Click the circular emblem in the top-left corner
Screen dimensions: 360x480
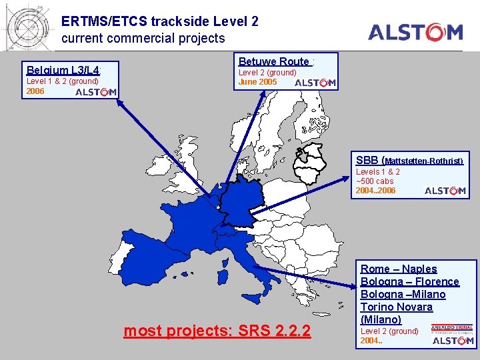pos(28,25)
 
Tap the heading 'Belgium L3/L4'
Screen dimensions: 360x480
pos(63,69)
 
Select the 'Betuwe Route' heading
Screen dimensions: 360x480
pos(275,61)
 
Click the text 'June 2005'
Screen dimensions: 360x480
pos(257,82)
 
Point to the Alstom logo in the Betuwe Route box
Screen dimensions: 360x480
pos(315,83)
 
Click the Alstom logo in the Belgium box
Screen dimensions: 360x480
pos(96,92)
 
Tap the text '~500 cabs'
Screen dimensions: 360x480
pos(375,181)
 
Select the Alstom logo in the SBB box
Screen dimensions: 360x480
pos(445,191)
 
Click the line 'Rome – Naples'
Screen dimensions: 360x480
pos(399,269)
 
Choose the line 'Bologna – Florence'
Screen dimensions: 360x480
pos(410,281)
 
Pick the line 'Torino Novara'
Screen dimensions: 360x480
pos(397,307)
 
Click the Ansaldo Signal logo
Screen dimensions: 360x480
pos(452,328)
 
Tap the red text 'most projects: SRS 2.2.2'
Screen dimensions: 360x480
pos(217,330)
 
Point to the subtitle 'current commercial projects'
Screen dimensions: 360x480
pos(143,39)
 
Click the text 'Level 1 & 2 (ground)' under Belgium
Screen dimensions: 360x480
pos(62,81)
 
